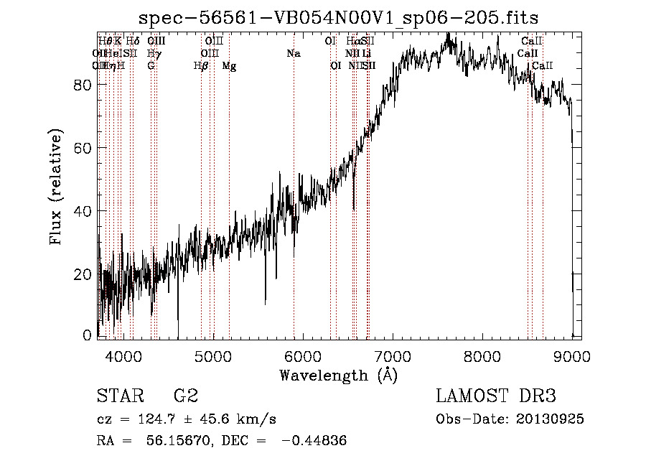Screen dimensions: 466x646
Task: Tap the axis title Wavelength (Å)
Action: coord(338,375)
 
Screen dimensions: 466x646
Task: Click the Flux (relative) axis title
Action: coord(56,187)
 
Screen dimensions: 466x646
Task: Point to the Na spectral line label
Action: coord(293,53)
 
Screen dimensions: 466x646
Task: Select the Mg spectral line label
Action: coord(229,66)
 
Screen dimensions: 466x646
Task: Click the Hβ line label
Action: coord(201,66)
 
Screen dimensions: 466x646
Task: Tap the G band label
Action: coord(151,66)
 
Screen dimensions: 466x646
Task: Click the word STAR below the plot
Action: coord(119,396)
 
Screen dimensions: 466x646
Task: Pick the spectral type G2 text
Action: coord(185,396)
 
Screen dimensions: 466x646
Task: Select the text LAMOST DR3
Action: coord(495,396)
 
